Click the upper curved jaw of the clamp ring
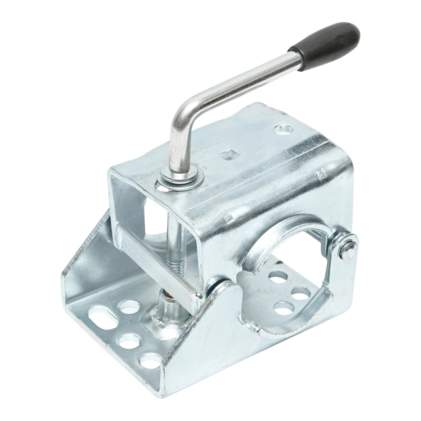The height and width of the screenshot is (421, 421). tap(281, 225)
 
